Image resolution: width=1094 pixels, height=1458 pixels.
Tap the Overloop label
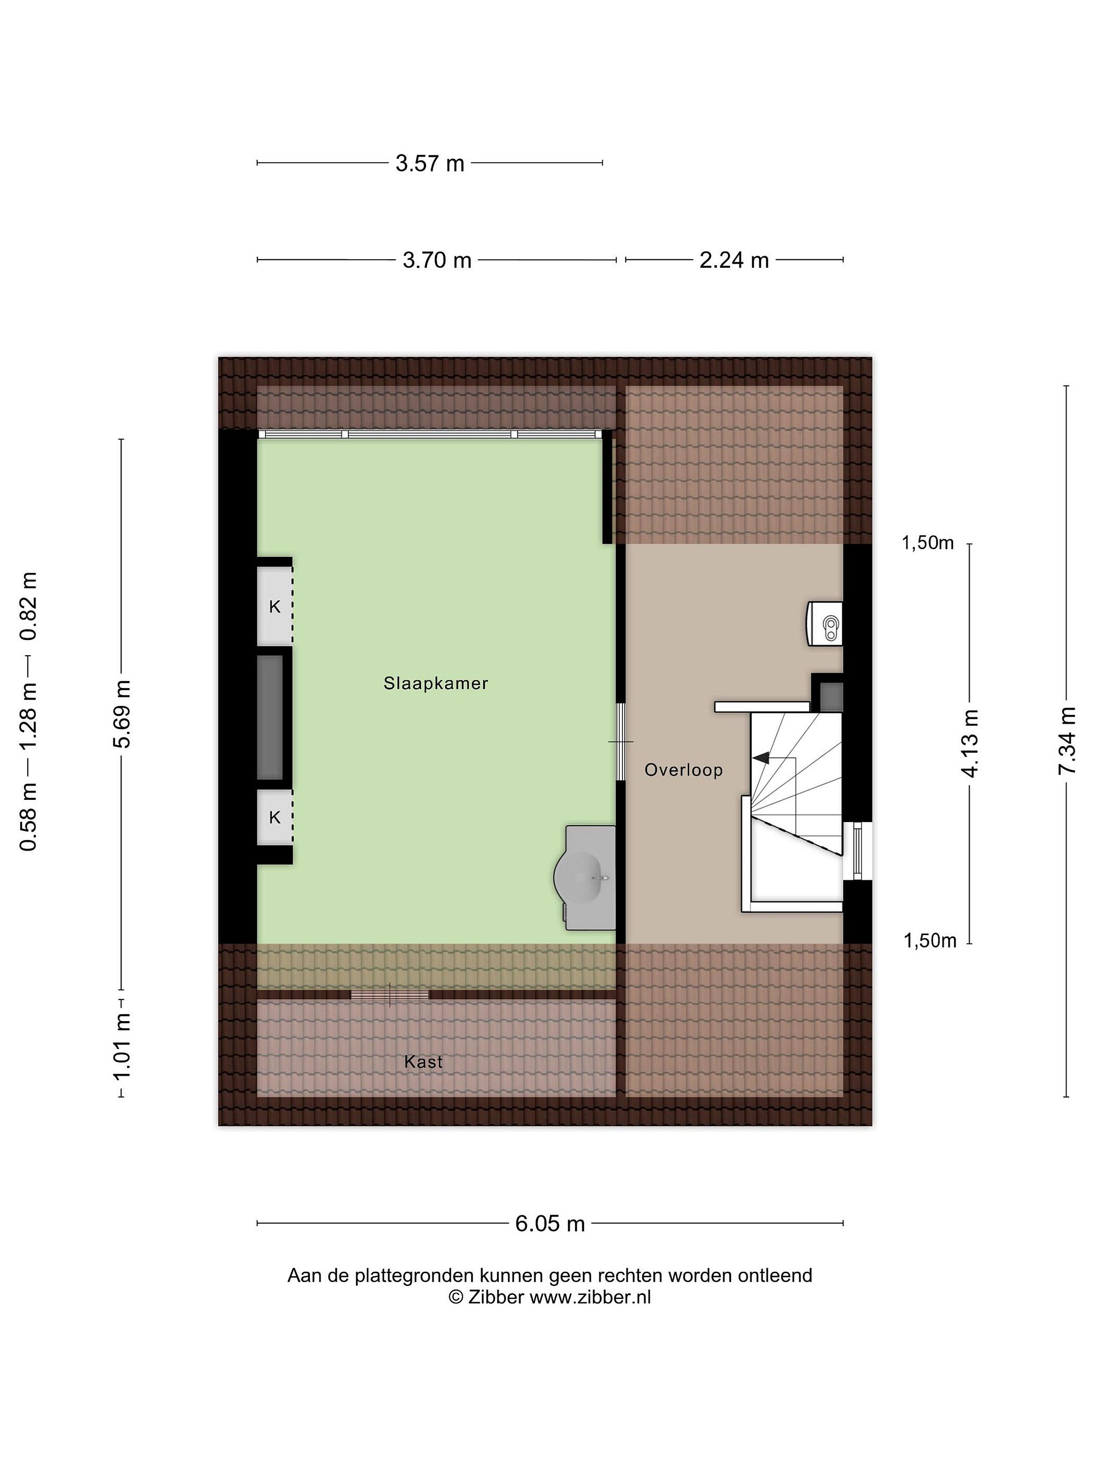[683, 770]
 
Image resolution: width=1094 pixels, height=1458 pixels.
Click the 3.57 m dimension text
[430, 164]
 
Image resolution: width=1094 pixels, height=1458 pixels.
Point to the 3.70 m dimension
[437, 260]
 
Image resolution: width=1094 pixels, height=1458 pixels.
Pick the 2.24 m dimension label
[734, 260]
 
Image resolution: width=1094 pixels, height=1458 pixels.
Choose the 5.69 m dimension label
[122, 714]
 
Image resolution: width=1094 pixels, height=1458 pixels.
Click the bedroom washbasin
[585, 877]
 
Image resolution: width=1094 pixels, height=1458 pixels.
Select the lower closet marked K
[275, 817]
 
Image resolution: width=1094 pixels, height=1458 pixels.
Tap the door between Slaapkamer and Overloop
[620, 742]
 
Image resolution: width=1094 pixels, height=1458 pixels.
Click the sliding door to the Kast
[389, 995]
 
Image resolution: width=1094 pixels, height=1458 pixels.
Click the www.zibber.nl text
[590, 1297]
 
